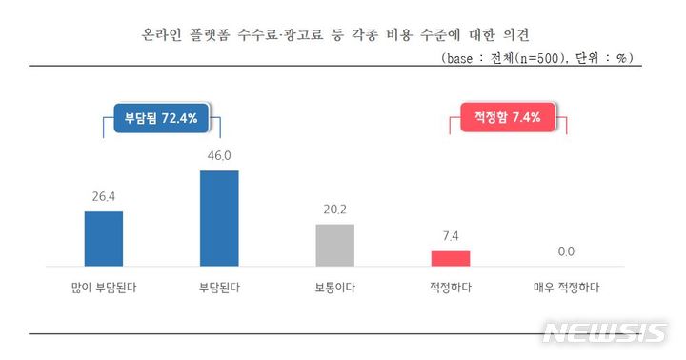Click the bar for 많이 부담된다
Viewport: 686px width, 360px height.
coord(104,238)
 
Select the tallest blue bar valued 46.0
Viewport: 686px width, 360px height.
coord(219,218)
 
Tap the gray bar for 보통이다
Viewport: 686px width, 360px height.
coord(334,245)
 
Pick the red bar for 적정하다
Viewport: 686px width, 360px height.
coord(451,258)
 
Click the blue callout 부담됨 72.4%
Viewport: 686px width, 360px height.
coord(161,118)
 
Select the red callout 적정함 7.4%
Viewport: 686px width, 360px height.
coord(501,118)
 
